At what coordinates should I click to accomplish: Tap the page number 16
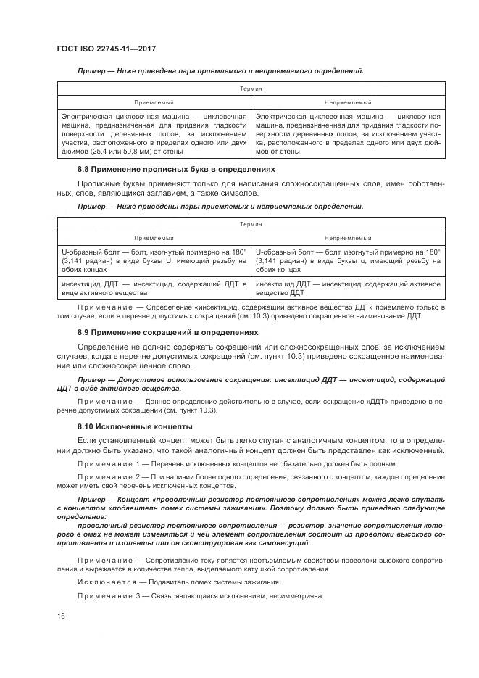tap(60, 616)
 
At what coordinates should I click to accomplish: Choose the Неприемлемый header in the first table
tap(347, 103)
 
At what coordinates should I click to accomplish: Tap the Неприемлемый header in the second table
tap(347, 237)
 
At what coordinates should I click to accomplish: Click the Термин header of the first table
tap(251, 88)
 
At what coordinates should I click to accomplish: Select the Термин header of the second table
tap(251, 223)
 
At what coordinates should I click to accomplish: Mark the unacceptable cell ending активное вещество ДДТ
tap(347, 289)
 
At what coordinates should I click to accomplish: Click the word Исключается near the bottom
tap(104, 582)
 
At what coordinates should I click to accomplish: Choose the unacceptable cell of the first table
tap(347, 134)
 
